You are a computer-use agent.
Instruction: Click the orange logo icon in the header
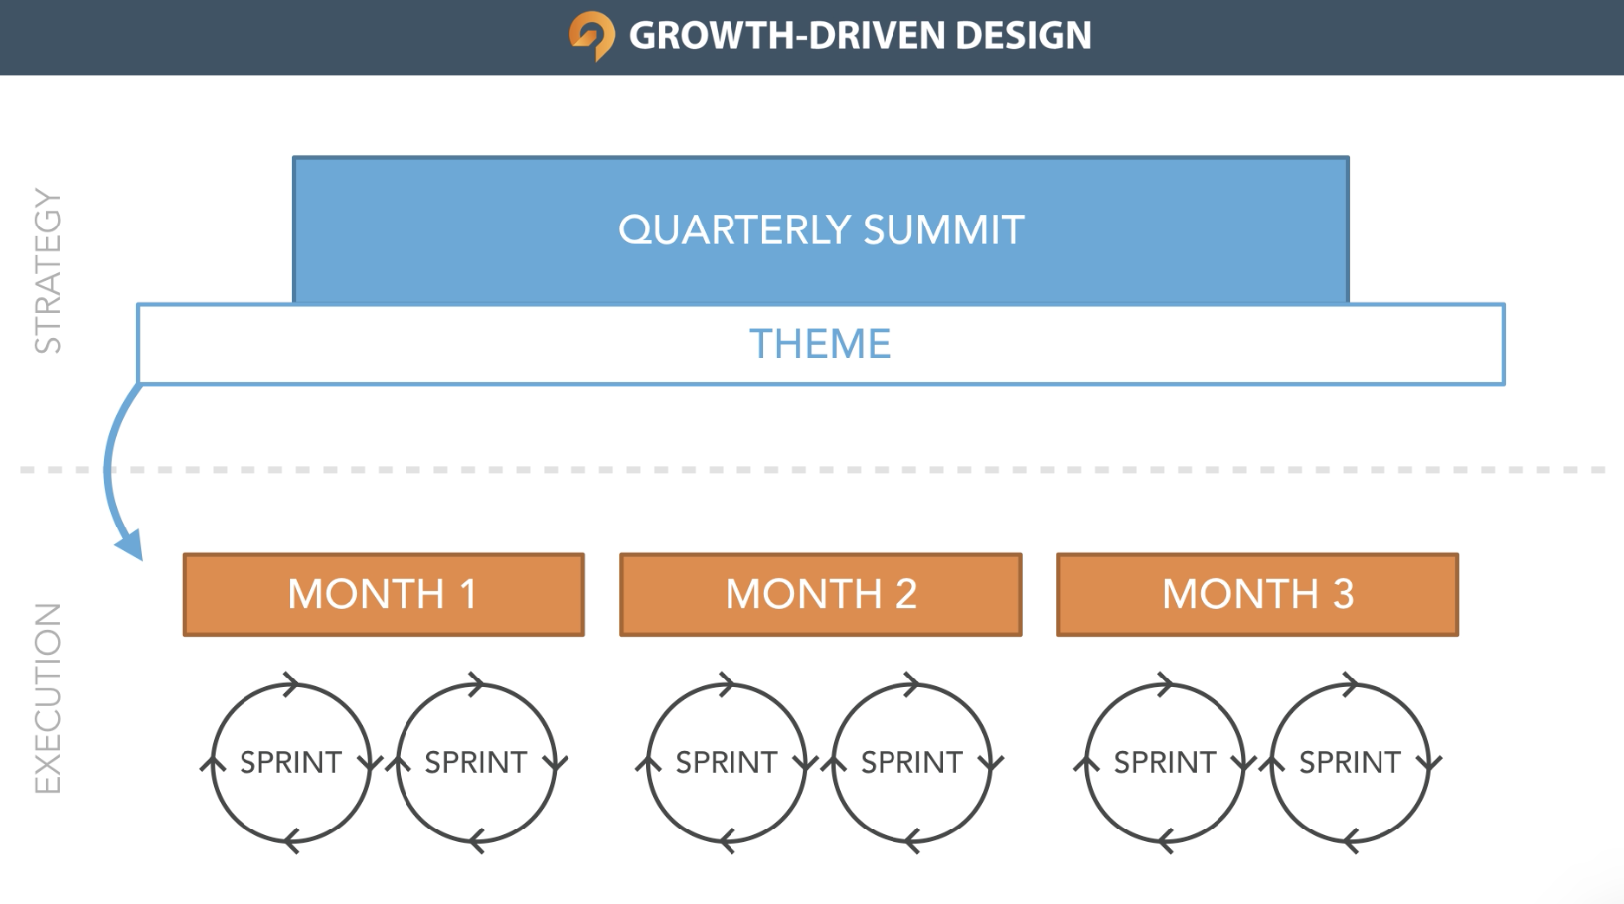point(592,36)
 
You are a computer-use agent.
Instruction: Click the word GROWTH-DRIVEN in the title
point(786,35)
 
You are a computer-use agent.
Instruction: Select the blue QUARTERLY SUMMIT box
point(821,229)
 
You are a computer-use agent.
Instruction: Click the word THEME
point(820,344)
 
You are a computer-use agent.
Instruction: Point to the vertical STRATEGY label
point(48,271)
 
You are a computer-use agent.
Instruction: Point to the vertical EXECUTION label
point(48,698)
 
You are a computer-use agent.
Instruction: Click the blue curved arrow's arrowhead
point(131,545)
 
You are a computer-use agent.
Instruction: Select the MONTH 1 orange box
point(384,594)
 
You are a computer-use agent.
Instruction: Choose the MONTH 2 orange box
point(821,594)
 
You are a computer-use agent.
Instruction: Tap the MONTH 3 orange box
point(1257,594)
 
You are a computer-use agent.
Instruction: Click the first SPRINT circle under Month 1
point(212,763)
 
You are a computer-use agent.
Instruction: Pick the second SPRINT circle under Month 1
point(398,763)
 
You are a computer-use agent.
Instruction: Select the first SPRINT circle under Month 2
point(648,763)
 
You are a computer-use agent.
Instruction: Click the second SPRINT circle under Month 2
point(833,763)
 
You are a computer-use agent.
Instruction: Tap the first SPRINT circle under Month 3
point(1086,763)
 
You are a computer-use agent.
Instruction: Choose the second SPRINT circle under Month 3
point(1271,763)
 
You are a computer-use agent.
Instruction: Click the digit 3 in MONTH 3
point(1342,594)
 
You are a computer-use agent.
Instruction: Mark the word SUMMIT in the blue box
point(943,229)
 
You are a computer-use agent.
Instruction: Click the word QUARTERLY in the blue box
point(734,230)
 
